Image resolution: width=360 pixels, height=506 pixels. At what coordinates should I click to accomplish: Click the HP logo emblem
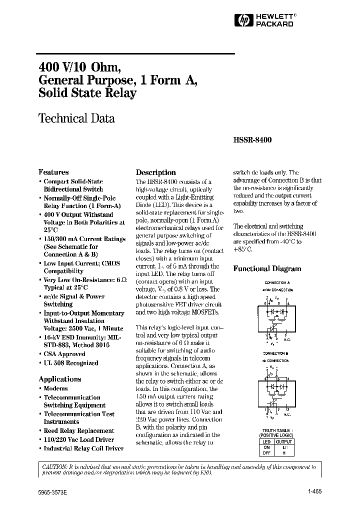click(x=242, y=19)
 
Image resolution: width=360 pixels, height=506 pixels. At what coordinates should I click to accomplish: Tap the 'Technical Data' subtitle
click(x=76, y=118)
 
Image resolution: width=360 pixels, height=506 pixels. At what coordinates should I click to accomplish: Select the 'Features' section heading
click(x=53, y=172)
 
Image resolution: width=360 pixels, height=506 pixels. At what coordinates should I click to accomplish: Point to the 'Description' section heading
click(x=156, y=172)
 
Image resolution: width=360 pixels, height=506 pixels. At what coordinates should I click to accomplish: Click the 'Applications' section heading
click(x=60, y=379)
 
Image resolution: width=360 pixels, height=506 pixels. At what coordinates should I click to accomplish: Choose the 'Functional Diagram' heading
click(x=267, y=268)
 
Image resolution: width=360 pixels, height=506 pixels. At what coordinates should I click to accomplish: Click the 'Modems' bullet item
click(x=55, y=388)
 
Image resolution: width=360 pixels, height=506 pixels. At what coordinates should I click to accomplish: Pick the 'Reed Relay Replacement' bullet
click(x=79, y=430)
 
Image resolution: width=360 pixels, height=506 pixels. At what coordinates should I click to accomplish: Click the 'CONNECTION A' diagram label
click(x=276, y=283)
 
